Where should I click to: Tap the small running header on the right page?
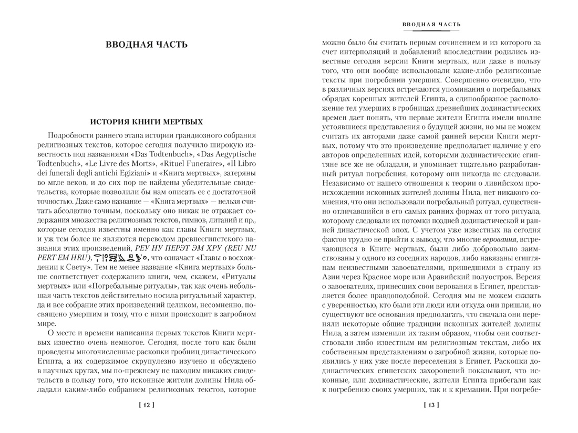point(431,24)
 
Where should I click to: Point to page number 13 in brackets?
point(431,405)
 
